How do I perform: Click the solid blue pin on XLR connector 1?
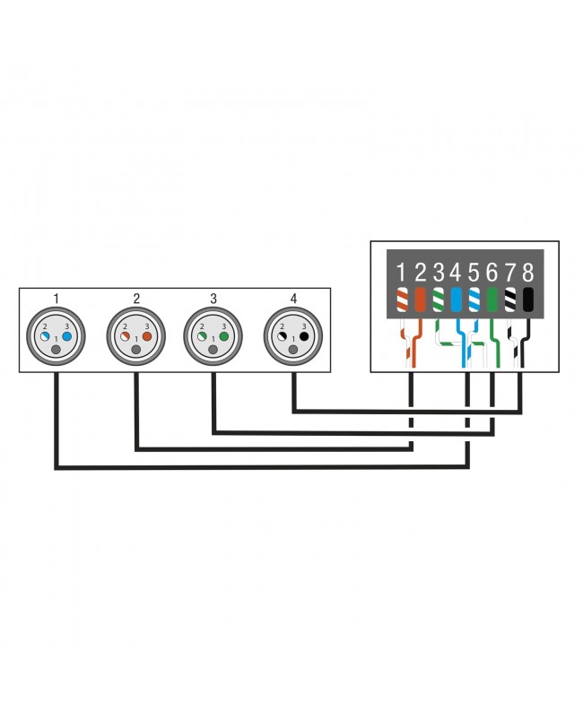click(x=66, y=336)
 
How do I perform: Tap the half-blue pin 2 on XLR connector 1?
click(x=45, y=336)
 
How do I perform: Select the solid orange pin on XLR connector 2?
click(x=147, y=336)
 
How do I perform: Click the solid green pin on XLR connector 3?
click(x=224, y=336)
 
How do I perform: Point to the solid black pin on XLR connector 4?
click(x=304, y=336)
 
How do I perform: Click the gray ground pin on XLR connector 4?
click(x=293, y=350)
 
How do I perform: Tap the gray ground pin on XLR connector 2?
click(x=136, y=350)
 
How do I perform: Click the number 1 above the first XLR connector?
click(x=56, y=299)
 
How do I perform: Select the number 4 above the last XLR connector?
click(x=293, y=299)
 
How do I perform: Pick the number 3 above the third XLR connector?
click(x=213, y=299)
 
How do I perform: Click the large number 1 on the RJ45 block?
click(x=401, y=273)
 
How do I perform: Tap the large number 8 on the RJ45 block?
click(x=527, y=273)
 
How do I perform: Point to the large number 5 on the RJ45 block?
click(x=474, y=273)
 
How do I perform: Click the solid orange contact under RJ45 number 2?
click(x=420, y=300)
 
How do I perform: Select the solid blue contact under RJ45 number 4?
click(x=456, y=300)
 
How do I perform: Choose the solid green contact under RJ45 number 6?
click(x=492, y=300)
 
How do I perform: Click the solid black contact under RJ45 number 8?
click(x=528, y=300)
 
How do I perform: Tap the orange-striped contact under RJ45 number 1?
click(x=402, y=300)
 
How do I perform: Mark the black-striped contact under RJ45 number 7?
click(x=510, y=300)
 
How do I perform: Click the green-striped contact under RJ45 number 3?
click(x=439, y=300)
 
